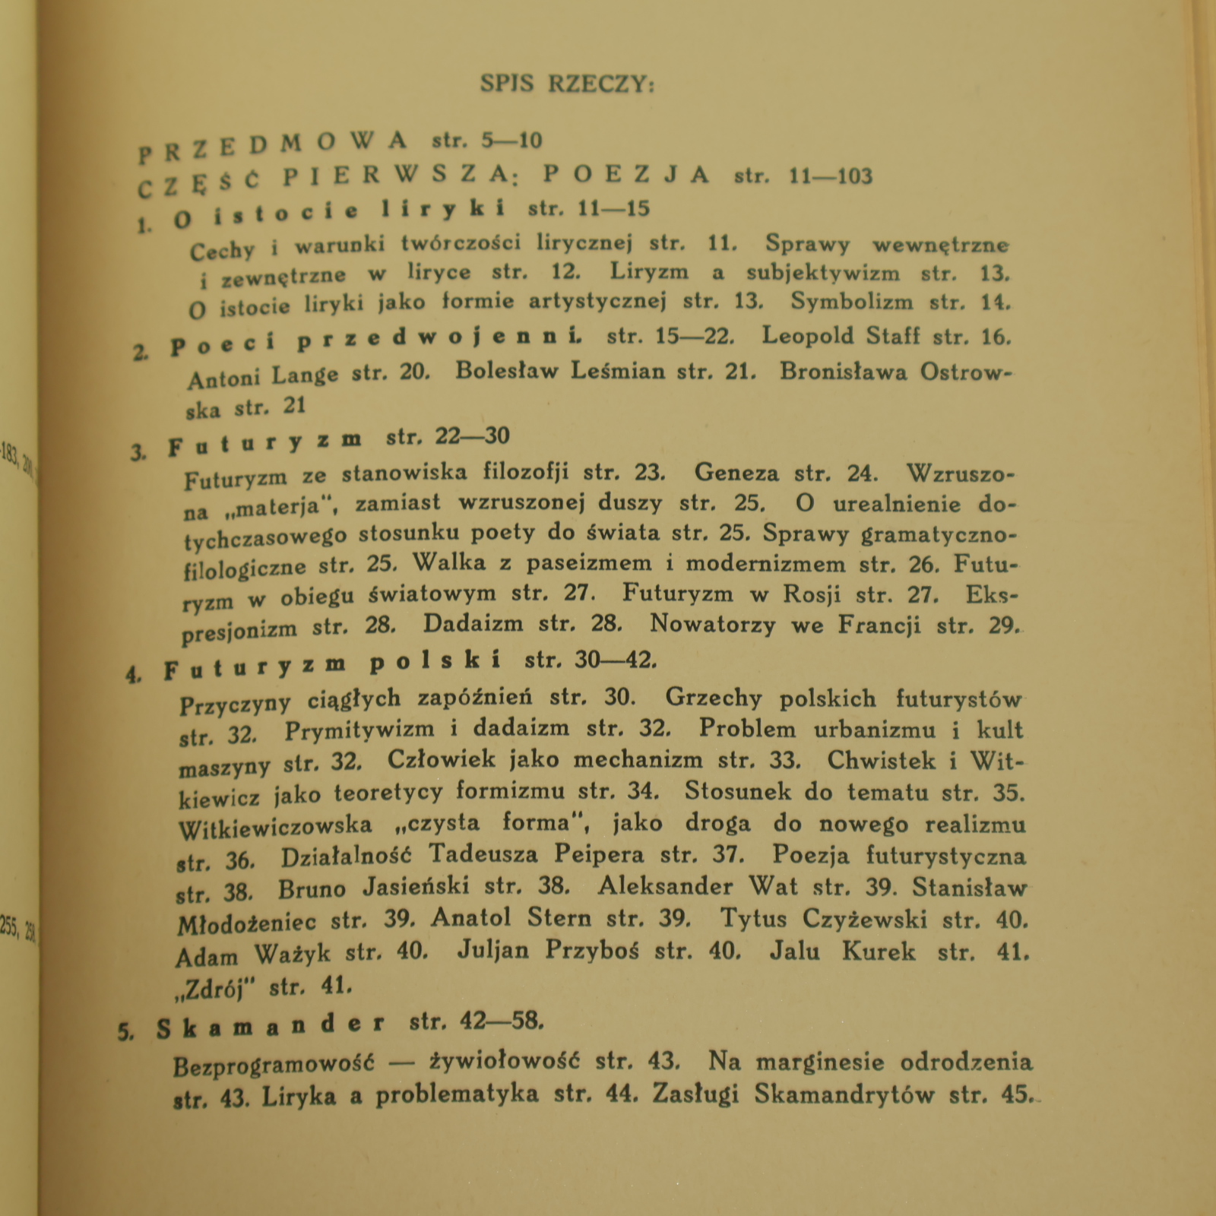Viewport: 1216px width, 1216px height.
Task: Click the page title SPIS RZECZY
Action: click(x=567, y=84)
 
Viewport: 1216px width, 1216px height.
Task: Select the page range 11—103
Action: click(x=831, y=177)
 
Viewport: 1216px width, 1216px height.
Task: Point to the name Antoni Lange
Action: click(x=262, y=376)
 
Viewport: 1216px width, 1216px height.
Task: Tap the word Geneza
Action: click(x=736, y=473)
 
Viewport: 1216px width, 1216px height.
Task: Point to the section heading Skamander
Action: click(x=271, y=1027)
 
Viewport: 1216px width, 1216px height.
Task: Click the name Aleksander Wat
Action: click(x=697, y=886)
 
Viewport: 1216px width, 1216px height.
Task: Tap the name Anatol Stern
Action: click(x=511, y=919)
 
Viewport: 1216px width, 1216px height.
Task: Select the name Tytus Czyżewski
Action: click(x=823, y=920)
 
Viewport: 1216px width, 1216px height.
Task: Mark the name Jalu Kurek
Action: click(x=842, y=952)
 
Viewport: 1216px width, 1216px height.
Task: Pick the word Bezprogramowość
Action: click(x=274, y=1066)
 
